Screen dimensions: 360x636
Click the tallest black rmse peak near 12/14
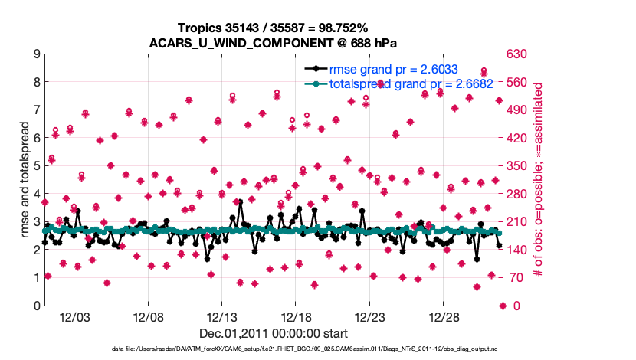(240, 202)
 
